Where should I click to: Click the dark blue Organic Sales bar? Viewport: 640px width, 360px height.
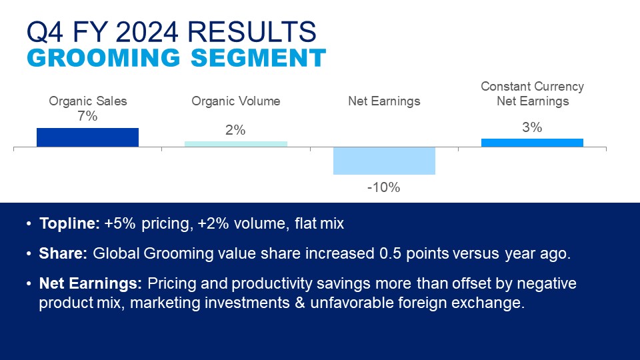point(88,137)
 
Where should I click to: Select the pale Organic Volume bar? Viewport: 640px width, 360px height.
point(236,144)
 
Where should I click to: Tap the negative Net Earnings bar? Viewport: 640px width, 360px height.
point(384,161)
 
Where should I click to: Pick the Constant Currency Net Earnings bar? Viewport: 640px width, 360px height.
point(532,143)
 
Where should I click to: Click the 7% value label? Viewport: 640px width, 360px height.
point(88,116)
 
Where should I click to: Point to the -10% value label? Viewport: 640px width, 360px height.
point(384,187)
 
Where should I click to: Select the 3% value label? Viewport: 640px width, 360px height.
point(532,127)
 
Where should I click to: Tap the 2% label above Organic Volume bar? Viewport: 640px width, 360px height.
point(235,130)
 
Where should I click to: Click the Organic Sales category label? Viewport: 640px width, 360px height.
point(88,101)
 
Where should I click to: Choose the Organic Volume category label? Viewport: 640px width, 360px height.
point(236,101)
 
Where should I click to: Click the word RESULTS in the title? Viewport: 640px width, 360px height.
point(251,32)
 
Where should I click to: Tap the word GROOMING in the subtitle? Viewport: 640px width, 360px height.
point(104,57)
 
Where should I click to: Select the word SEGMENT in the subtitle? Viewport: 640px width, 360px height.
point(259,57)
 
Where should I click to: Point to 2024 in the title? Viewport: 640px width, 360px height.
point(147,32)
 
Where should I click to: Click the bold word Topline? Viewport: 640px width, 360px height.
point(69,224)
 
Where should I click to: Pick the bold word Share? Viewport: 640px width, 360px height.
point(63,253)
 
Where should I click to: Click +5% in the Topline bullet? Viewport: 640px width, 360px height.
point(120,224)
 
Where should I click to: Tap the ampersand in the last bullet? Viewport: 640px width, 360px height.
point(300,303)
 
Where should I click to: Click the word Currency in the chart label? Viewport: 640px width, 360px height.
point(559,87)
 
